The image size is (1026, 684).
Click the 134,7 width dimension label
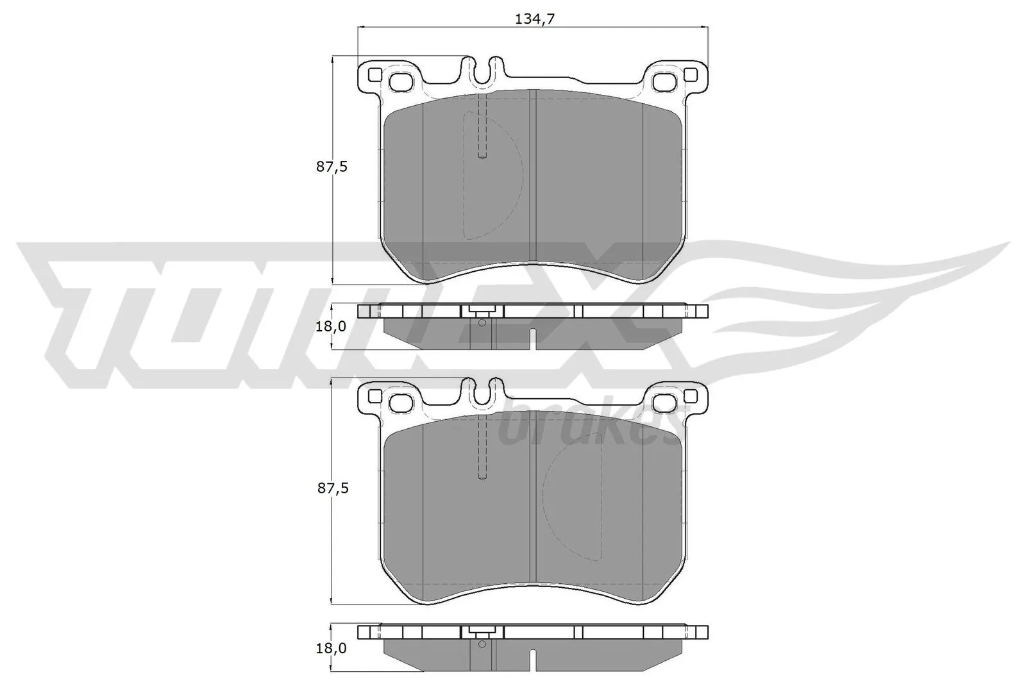(534, 19)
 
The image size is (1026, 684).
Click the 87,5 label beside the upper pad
(332, 167)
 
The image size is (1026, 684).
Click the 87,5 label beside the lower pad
(332, 488)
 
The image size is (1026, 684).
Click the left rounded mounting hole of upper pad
(402, 82)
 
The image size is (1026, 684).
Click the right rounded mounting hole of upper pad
(664, 82)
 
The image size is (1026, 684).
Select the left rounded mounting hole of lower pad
(402, 403)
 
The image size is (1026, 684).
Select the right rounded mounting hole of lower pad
(664, 403)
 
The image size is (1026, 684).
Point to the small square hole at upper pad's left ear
(375, 75)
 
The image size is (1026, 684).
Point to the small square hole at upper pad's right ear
(691, 75)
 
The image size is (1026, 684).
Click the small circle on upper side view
(482, 322)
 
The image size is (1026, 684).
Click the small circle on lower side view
(482, 644)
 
